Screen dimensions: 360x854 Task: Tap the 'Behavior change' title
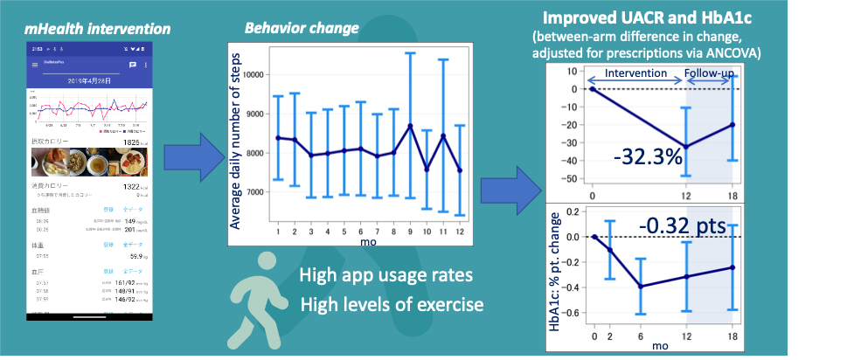pos(301,28)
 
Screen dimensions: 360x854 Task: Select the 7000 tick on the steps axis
pos(251,192)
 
